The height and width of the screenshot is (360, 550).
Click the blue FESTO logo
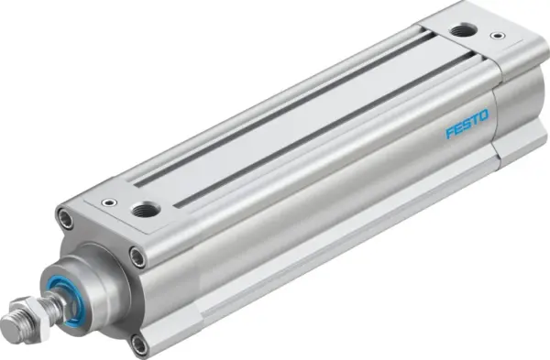tap(467, 125)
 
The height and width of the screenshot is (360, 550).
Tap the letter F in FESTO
tap(450, 134)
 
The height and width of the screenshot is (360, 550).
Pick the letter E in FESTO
tap(458, 129)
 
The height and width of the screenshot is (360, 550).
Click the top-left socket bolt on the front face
tap(64, 219)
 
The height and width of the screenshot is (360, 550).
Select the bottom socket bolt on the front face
tap(138, 344)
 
